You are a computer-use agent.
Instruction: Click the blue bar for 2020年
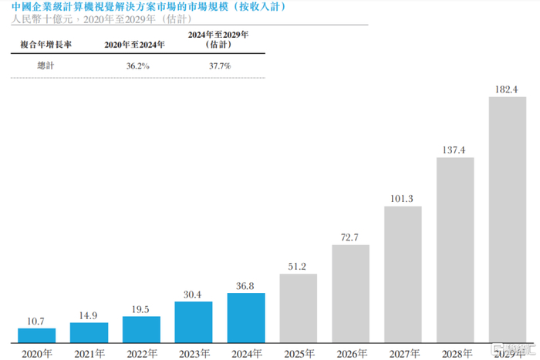click(x=37, y=335)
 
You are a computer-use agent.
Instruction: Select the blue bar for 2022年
click(x=141, y=329)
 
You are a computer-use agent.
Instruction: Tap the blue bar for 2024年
click(x=246, y=318)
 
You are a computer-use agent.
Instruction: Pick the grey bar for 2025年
click(x=299, y=308)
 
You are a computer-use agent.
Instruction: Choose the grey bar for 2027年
click(x=403, y=274)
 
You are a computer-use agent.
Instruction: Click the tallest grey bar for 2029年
click(x=508, y=220)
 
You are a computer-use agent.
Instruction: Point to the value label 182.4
click(x=506, y=89)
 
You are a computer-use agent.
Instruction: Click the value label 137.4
click(x=454, y=150)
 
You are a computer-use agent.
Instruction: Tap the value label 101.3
click(x=402, y=199)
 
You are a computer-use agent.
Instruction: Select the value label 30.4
click(x=192, y=294)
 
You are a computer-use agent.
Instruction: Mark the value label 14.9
click(x=88, y=315)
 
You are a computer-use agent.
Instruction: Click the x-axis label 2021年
click(x=89, y=354)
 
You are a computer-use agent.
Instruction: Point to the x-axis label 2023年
click(x=194, y=354)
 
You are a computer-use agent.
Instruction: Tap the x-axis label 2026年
click(x=352, y=354)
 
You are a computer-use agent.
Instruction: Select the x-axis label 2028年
click(x=457, y=354)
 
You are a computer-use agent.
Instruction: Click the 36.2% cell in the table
click(x=138, y=66)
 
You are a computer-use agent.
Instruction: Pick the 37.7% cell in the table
click(x=220, y=66)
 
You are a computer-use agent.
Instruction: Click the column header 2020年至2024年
click(x=135, y=45)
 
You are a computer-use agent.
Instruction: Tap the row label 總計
click(x=46, y=66)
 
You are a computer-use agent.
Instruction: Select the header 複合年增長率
click(x=46, y=45)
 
